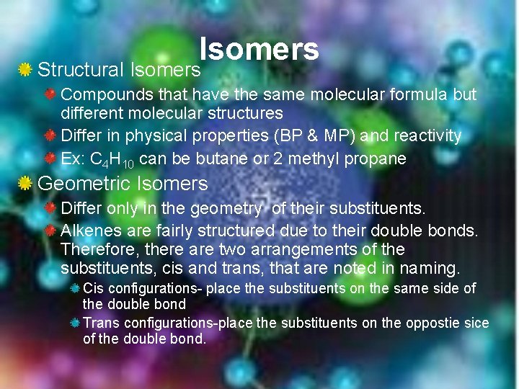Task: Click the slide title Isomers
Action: (x=259, y=49)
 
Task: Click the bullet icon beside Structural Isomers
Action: (x=25, y=70)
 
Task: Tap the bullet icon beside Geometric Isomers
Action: (x=25, y=184)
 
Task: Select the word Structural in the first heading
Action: (x=81, y=70)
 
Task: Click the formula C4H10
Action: (x=115, y=159)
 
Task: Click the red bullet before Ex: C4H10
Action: (x=50, y=158)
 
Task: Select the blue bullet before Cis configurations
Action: (x=75, y=288)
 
